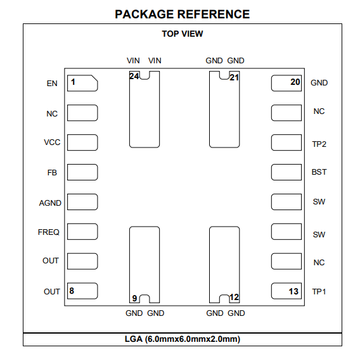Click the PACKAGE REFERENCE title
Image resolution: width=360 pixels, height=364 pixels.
[182, 14]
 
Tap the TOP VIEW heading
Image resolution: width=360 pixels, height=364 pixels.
[183, 34]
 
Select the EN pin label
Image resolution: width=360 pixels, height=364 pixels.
[52, 84]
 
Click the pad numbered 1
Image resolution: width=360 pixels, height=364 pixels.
[82, 83]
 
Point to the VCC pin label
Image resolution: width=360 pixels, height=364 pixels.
[52, 142]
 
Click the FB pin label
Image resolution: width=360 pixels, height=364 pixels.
[52, 173]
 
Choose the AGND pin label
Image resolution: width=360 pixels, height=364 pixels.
[50, 203]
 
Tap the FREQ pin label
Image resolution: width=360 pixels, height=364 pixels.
[49, 232]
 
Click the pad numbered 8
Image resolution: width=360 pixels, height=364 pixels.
[82, 291]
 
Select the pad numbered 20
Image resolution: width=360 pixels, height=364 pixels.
[286, 83]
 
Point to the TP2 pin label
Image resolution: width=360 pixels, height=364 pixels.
[319, 144]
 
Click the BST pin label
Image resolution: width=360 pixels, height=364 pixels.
[319, 172]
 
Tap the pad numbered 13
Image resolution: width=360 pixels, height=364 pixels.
[286, 291]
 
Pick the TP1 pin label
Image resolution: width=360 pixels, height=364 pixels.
[319, 292]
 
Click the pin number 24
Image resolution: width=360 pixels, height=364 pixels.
[134, 76]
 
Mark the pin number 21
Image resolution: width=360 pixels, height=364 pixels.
[235, 77]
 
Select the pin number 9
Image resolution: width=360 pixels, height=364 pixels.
[134, 298]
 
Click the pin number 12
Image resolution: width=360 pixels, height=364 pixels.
[234, 297]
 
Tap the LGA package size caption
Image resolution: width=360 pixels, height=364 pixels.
[183, 339]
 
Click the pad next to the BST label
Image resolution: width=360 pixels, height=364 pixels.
[286, 172]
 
